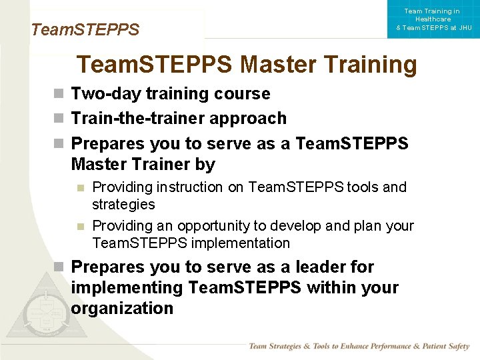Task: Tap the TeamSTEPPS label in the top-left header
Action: (x=85, y=30)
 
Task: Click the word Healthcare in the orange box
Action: (x=432, y=19)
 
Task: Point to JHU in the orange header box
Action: (x=465, y=28)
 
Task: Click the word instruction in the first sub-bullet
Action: (x=193, y=187)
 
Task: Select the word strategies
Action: (x=123, y=205)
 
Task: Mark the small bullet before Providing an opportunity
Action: (x=80, y=226)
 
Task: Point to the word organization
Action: (x=122, y=309)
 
